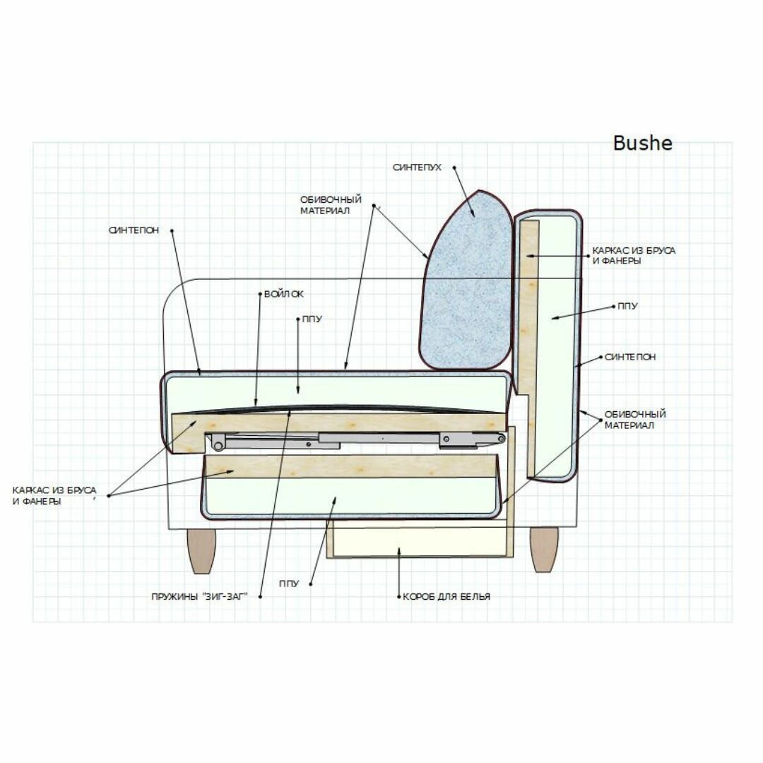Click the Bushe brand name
click(x=642, y=143)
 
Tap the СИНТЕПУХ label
click(x=417, y=167)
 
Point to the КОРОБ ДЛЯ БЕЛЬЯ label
click(x=446, y=596)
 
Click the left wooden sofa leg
click(x=201, y=550)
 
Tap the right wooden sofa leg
click(x=544, y=549)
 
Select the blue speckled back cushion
click(x=466, y=283)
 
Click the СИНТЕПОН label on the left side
click(x=134, y=230)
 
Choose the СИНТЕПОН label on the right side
click(x=630, y=357)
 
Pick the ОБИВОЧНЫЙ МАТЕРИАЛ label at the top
click(x=331, y=205)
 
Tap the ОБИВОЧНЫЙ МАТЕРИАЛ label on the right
click(x=635, y=420)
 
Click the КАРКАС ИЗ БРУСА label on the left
click(x=55, y=495)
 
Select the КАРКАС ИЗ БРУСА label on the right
click(x=634, y=256)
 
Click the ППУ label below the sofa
click(x=288, y=584)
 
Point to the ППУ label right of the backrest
click(x=627, y=307)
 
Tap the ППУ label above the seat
click(x=312, y=319)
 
